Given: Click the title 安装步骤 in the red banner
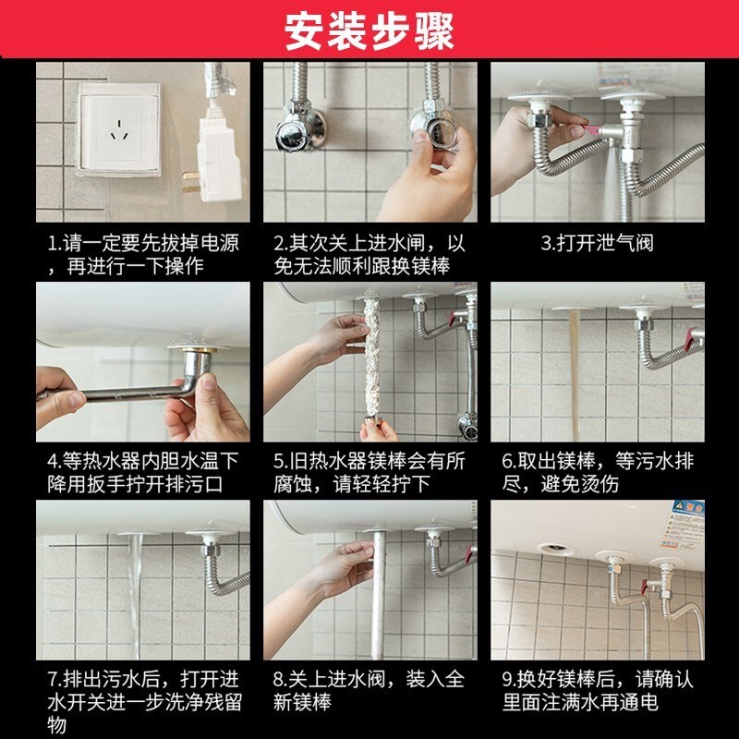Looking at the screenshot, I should pyautogui.click(x=369, y=30).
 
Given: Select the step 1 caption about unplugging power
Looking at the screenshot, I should pyautogui.click(x=143, y=256).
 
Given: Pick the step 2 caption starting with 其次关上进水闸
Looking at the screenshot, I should pyautogui.click(x=369, y=256).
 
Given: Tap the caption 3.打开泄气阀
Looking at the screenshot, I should pyautogui.click(x=597, y=245).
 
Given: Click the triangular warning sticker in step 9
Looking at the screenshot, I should pyautogui.click(x=682, y=508).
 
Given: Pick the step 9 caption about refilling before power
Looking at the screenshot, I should pyautogui.click(x=597, y=690).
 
